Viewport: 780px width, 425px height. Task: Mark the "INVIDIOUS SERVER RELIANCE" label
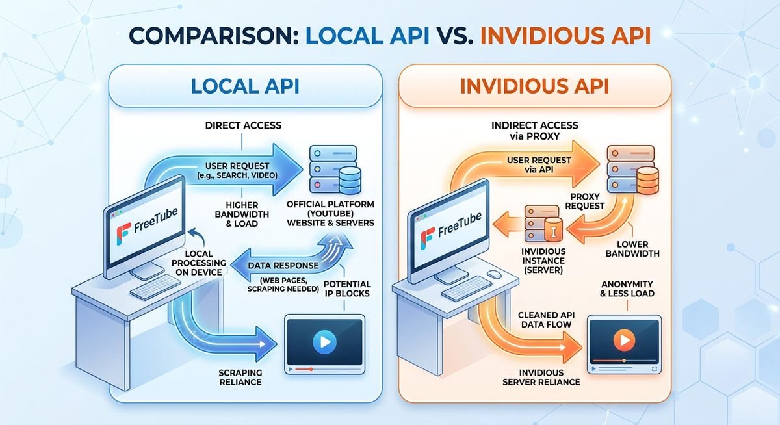click(x=541, y=377)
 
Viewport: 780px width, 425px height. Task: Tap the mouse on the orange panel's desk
click(x=493, y=276)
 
